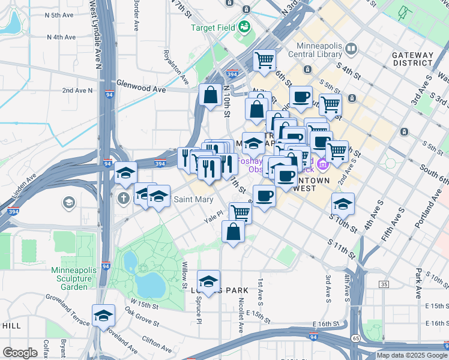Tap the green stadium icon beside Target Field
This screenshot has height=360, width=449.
pos(244,26)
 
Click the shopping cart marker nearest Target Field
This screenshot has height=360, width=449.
pos(264,60)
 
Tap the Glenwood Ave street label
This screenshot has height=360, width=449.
pos(140,88)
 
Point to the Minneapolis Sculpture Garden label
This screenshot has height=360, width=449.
pos(72,278)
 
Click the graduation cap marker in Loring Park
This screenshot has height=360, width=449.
pos(208,281)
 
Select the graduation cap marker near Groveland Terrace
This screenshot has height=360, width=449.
pos(103,316)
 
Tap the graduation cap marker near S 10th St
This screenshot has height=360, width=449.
pos(343,205)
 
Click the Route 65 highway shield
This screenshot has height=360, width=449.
pos(356,338)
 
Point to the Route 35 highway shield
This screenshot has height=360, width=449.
pos(384,284)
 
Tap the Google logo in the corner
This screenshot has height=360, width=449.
pos(20,352)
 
